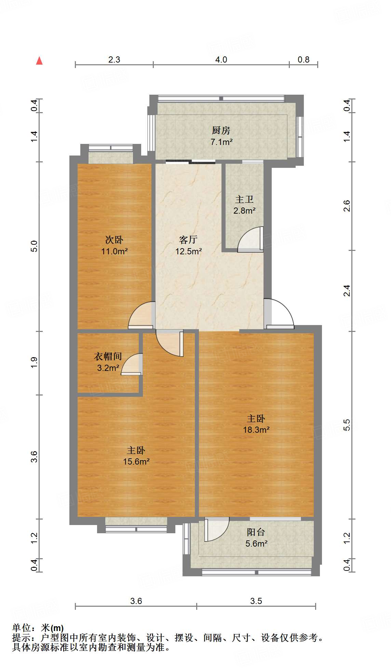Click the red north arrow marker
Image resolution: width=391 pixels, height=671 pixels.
tap(39, 61)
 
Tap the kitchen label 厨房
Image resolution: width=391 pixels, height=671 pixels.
tap(221, 130)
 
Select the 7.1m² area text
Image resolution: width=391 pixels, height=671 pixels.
tap(221, 142)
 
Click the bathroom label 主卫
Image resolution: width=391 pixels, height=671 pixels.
tap(244, 199)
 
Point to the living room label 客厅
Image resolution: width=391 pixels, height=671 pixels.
tap(188, 240)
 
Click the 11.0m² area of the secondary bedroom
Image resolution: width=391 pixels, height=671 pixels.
tap(114, 252)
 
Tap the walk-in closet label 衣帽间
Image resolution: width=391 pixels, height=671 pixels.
tap(108, 357)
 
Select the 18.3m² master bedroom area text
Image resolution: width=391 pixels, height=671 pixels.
tap(256, 430)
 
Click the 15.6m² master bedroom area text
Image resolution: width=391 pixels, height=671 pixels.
tap(136, 462)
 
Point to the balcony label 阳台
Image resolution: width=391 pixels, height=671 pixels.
tap(256, 532)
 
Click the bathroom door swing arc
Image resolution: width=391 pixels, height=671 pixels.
tap(250, 239)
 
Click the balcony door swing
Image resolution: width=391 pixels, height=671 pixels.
tap(216, 530)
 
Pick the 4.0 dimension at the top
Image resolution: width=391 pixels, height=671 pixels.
tap(221, 60)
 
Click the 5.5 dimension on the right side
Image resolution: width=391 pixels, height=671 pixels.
tap(347, 425)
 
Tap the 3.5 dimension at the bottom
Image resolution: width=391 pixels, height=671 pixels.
tap(256, 601)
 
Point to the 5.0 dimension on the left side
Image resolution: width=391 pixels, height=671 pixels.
tap(34, 246)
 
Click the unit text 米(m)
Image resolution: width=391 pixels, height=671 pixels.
tap(52, 628)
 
